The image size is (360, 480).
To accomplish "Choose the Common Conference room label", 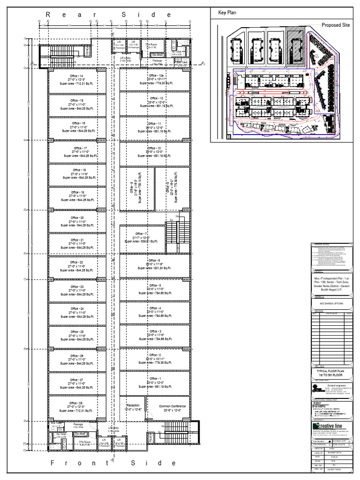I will (x=172, y=406).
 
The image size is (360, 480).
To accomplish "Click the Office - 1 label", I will (x=155, y=378).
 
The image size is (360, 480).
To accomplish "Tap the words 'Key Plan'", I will (x=226, y=13).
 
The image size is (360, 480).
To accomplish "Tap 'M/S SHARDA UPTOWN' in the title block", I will (x=331, y=303).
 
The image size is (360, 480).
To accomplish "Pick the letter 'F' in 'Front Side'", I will (x=53, y=463).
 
